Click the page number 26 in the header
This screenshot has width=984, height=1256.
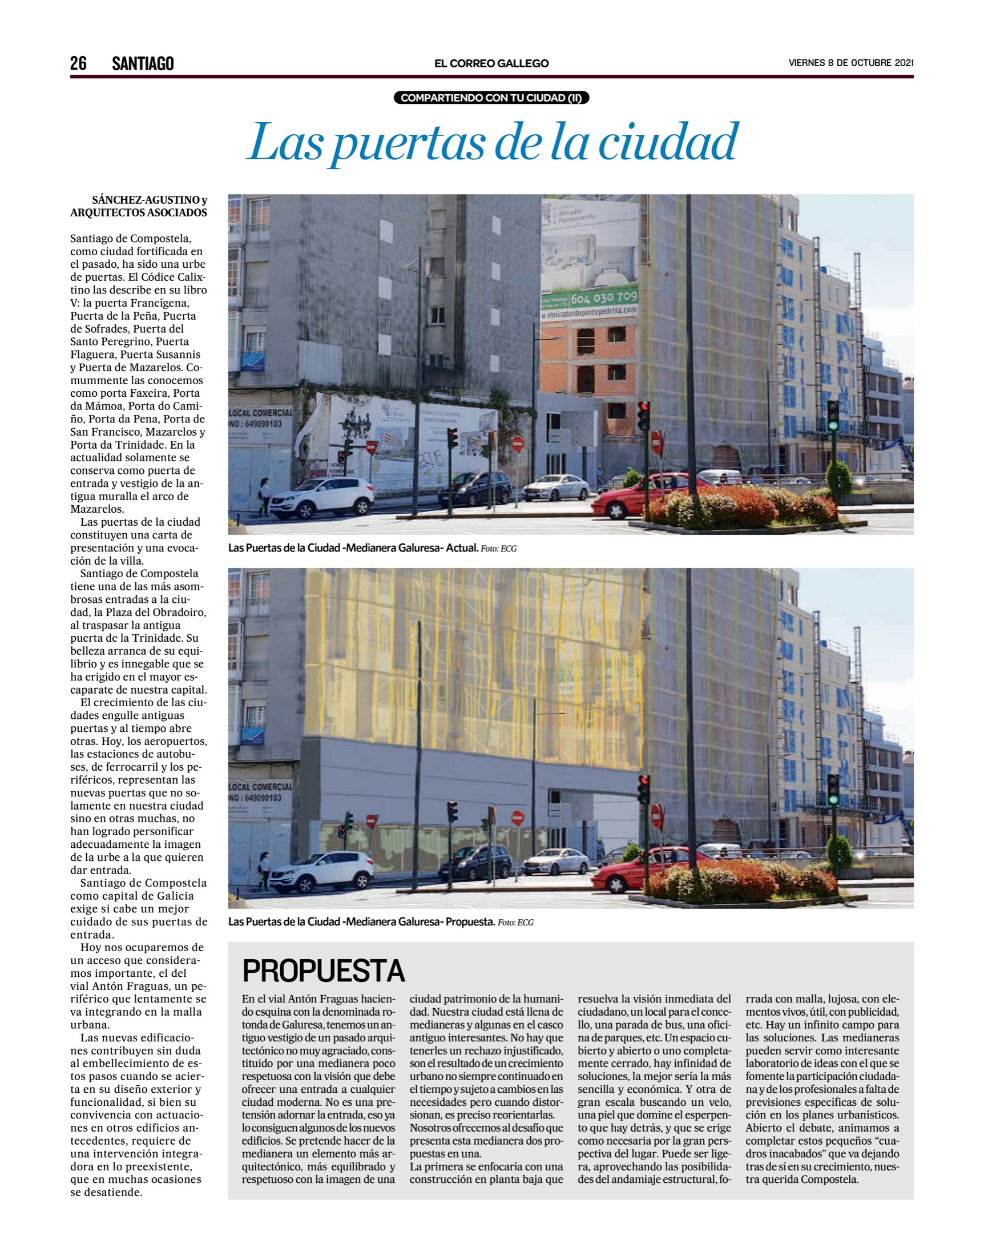click(78, 63)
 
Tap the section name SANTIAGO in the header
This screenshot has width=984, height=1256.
click(142, 63)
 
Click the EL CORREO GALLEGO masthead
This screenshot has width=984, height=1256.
click(491, 63)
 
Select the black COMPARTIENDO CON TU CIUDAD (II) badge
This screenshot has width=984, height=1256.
click(491, 98)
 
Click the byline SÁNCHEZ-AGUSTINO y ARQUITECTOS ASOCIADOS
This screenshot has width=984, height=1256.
click(139, 206)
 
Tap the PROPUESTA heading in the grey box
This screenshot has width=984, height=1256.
click(323, 971)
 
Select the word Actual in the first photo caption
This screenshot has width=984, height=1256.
click(462, 548)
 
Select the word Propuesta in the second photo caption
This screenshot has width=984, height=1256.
click(470, 922)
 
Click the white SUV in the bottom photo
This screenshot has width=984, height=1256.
click(322, 871)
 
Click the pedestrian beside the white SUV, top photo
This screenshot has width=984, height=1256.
click(264, 496)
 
